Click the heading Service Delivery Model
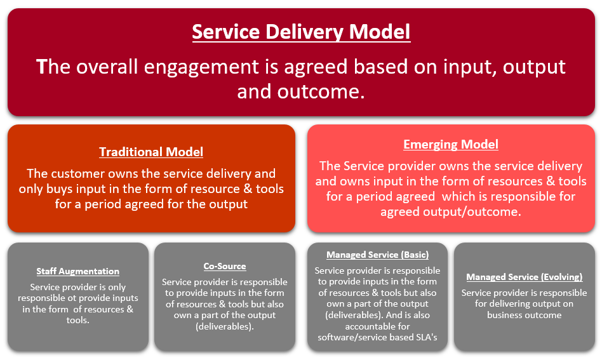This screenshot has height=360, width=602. coord(301,32)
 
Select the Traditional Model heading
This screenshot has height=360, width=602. coord(151,152)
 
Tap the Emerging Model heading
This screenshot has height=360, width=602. coord(451,144)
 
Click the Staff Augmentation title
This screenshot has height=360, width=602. coord(77,271)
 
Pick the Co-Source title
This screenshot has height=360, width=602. coord(225,266)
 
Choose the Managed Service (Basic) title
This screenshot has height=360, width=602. coord(377,255)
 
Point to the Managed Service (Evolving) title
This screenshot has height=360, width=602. coord(524,277)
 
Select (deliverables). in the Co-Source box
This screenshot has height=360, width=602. coord(225,326)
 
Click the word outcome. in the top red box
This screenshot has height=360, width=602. coord(321,92)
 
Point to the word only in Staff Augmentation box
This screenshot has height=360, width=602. coord(117,288)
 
